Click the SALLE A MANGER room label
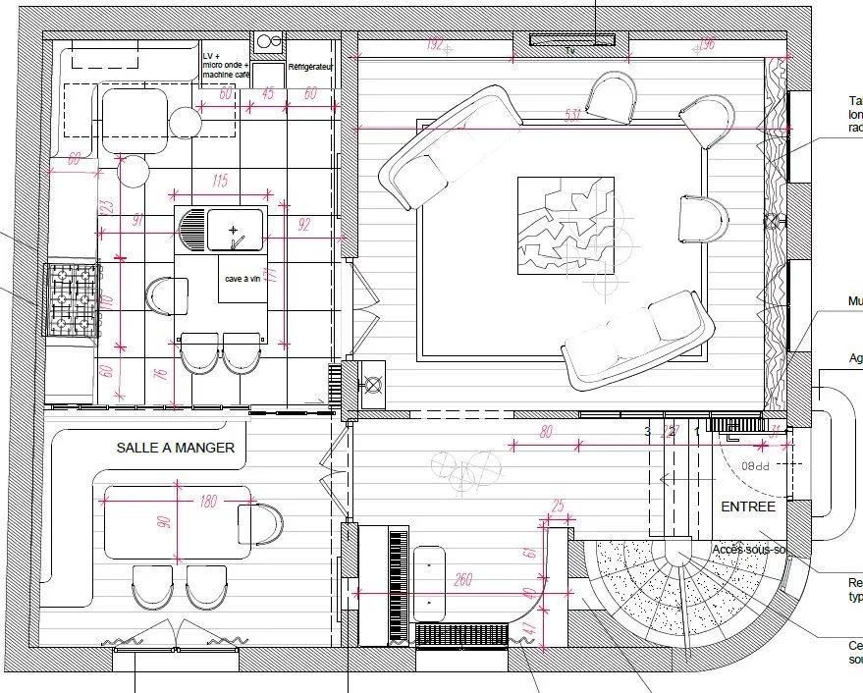tap(175, 448)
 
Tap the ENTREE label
tap(748, 506)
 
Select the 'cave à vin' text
tap(242, 280)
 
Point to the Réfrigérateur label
tap(310, 67)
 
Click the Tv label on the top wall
tap(569, 48)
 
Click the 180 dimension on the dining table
tap(207, 503)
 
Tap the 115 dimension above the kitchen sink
tap(219, 181)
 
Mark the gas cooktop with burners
tap(73, 297)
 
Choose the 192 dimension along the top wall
tap(435, 43)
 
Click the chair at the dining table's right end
tap(260, 523)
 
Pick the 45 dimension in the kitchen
tap(268, 94)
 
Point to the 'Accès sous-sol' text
tap(748, 550)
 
